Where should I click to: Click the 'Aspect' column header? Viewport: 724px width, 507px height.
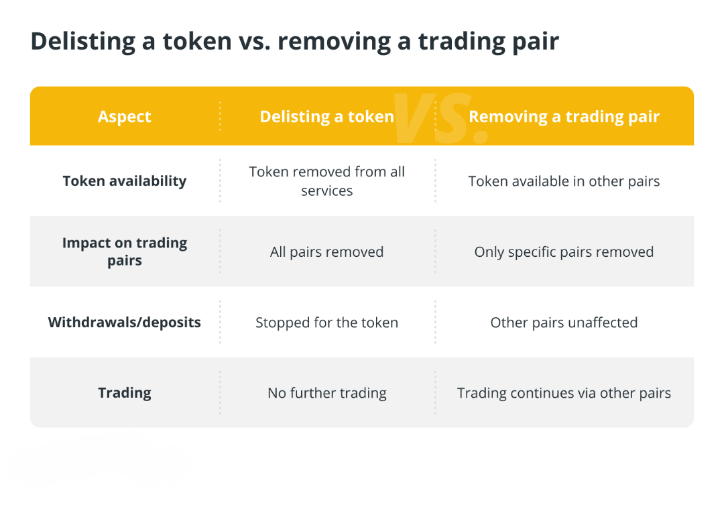124,117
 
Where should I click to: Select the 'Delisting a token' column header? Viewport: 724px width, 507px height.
327,117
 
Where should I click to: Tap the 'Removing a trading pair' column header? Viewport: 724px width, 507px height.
564,117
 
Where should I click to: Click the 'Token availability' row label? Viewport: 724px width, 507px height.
125,181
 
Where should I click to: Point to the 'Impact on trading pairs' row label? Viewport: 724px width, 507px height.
125,251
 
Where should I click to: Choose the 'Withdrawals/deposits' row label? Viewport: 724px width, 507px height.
125,323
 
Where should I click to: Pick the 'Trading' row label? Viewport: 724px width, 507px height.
125,393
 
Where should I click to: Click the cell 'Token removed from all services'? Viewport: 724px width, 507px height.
327,181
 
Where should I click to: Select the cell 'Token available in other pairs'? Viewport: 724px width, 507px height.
564,182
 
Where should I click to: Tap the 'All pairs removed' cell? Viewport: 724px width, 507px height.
327,252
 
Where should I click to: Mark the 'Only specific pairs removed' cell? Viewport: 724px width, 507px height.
564,252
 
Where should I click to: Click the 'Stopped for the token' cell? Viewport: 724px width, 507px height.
327,323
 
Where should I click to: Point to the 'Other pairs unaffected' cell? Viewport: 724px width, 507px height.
564,323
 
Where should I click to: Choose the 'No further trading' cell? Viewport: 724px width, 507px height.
327,394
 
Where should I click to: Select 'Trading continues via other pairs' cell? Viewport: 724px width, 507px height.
564,394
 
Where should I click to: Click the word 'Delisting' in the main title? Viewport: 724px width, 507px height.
82,42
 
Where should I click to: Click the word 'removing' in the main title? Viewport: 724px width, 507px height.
335,42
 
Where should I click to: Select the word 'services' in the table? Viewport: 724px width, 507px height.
327,190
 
